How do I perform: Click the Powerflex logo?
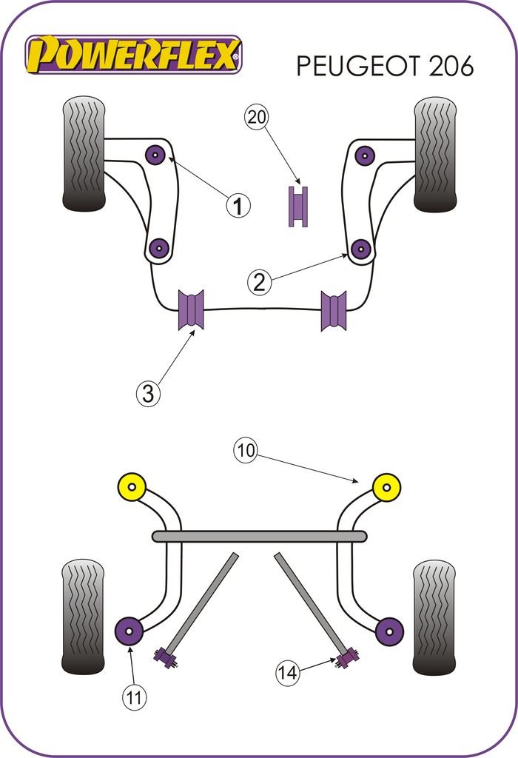click(x=134, y=55)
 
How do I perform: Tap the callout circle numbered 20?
click(x=258, y=118)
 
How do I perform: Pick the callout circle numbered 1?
click(x=238, y=205)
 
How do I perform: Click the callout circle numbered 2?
click(x=259, y=281)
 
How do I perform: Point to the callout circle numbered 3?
click(x=148, y=394)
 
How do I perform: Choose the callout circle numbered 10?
click(x=246, y=450)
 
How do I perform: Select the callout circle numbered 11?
click(x=135, y=696)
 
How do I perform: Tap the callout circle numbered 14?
click(x=288, y=673)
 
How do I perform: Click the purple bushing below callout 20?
click(x=297, y=207)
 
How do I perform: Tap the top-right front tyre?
click(x=434, y=153)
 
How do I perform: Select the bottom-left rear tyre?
click(x=84, y=616)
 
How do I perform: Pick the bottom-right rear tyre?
click(x=434, y=616)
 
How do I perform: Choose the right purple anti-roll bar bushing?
click(x=334, y=310)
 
